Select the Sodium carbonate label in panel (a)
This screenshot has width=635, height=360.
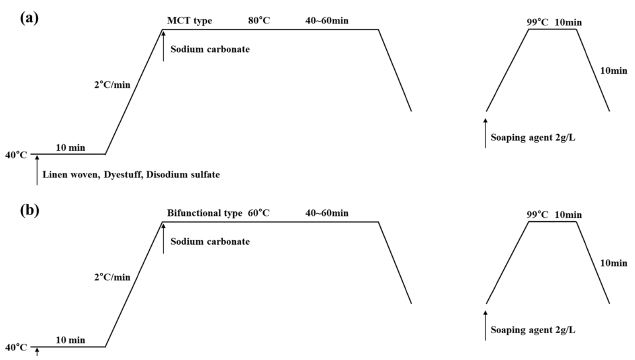tap(210, 49)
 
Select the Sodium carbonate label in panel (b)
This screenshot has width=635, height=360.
tap(210, 241)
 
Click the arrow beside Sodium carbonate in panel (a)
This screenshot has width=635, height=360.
tap(163, 46)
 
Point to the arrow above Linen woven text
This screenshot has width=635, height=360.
tap(37, 170)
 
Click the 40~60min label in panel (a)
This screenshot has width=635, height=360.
tap(327, 20)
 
